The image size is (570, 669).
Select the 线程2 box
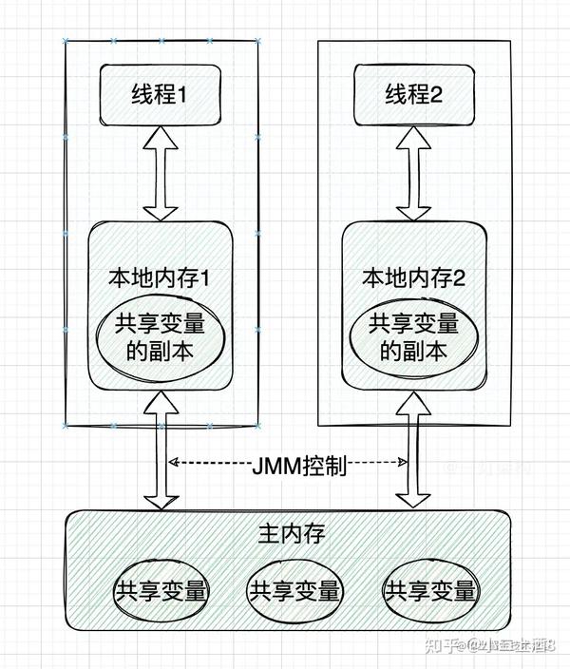(414, 95)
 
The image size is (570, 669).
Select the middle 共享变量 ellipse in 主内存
(294, 591)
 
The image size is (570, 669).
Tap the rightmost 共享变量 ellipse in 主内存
(429, 591)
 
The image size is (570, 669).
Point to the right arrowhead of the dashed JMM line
(403, 464)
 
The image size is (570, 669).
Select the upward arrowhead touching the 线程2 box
(413, 137)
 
